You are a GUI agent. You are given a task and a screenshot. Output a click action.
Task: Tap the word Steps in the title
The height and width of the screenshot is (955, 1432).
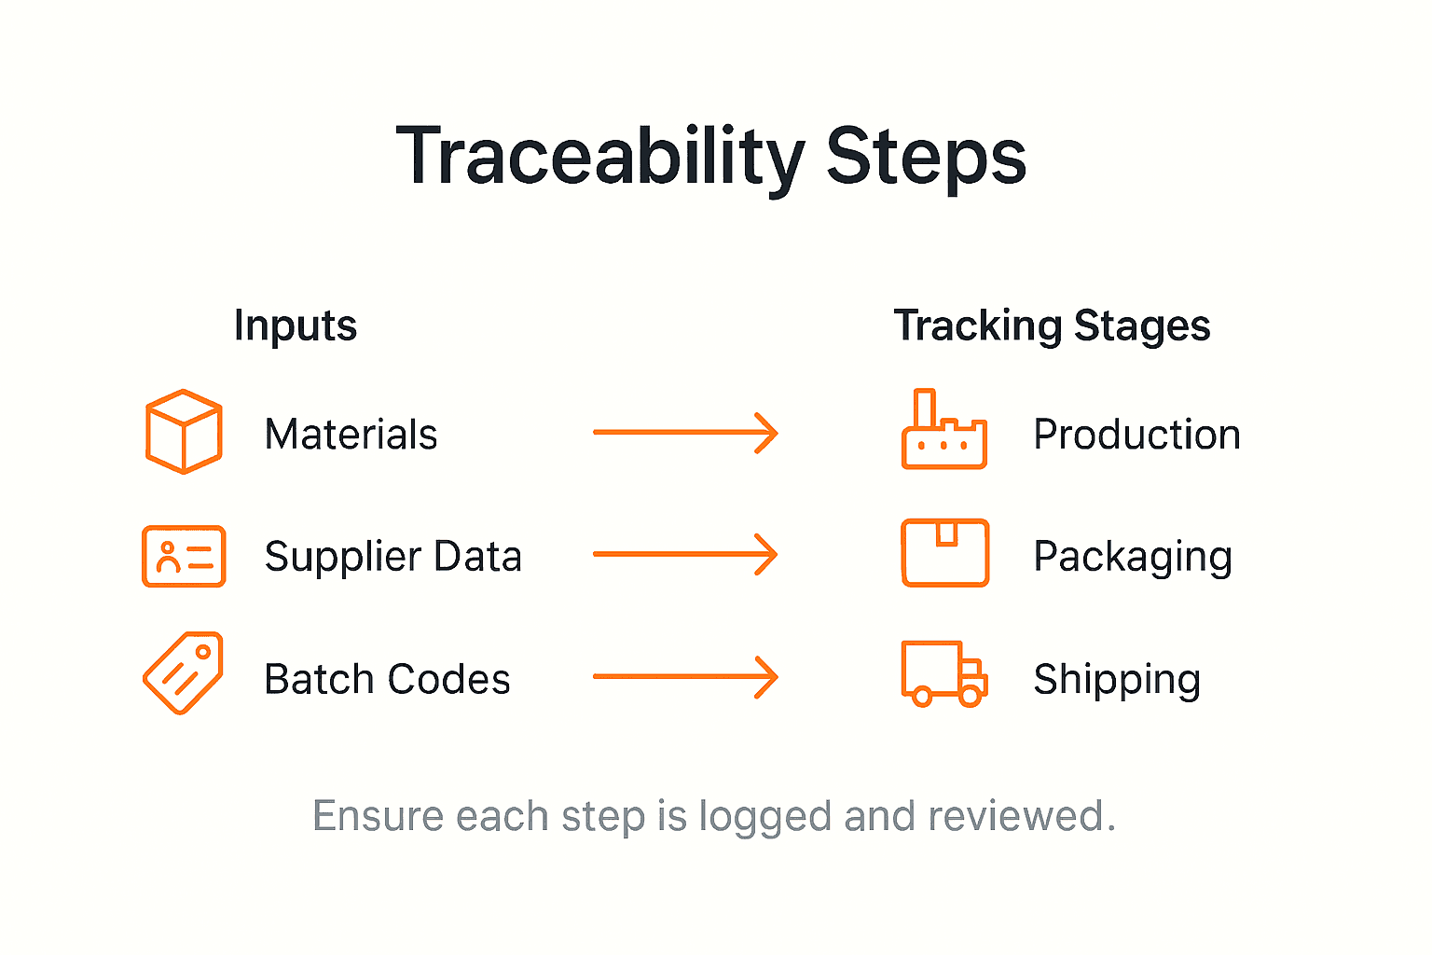click(x=926, y=157)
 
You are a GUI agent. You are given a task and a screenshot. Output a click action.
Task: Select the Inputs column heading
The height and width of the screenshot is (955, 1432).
click(x=296, y=325)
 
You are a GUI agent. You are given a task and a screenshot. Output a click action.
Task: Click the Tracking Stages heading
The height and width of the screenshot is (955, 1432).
click(x=1052, y=325)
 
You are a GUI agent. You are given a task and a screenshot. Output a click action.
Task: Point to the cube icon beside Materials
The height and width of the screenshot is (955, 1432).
click(x=184, y=431)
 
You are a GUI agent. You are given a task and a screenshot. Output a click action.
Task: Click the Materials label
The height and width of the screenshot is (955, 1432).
click(x=351, y=435)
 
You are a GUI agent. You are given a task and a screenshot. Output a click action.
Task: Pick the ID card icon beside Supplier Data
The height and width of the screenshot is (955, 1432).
click(x=184, y=556)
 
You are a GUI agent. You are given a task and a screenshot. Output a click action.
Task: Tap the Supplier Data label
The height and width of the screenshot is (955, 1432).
click(x=392, y=557)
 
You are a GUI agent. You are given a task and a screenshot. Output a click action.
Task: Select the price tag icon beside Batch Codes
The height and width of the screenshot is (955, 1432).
click(x=184, y=673)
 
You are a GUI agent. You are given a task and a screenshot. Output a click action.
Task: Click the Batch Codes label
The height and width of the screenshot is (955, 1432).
click(x=387, y=679)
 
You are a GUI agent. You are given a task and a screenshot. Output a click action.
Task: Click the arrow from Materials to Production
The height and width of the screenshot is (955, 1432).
click(x=685, y=433)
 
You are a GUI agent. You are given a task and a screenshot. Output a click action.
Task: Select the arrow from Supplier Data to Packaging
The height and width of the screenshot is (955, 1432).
click(x=685, y=554)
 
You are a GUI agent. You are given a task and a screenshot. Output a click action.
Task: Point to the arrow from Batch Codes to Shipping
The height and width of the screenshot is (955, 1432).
click(x=685, y=676)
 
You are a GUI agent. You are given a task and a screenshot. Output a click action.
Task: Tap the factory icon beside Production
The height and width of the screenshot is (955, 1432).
click(x=943, y=431)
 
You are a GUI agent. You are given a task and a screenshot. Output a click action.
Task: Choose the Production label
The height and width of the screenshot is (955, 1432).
click(x=1136, y=435)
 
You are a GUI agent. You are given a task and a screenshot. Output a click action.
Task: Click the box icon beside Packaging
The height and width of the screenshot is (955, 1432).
click(x=944, y=553)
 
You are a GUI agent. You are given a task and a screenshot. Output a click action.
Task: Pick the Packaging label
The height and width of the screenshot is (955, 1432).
click(x=1133, y=558)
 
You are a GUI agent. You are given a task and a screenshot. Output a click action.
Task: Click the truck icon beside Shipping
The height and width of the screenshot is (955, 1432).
click(x=943, y=673)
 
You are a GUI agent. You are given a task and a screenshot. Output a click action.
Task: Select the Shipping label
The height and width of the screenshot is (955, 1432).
click(x=1117, y=680)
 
